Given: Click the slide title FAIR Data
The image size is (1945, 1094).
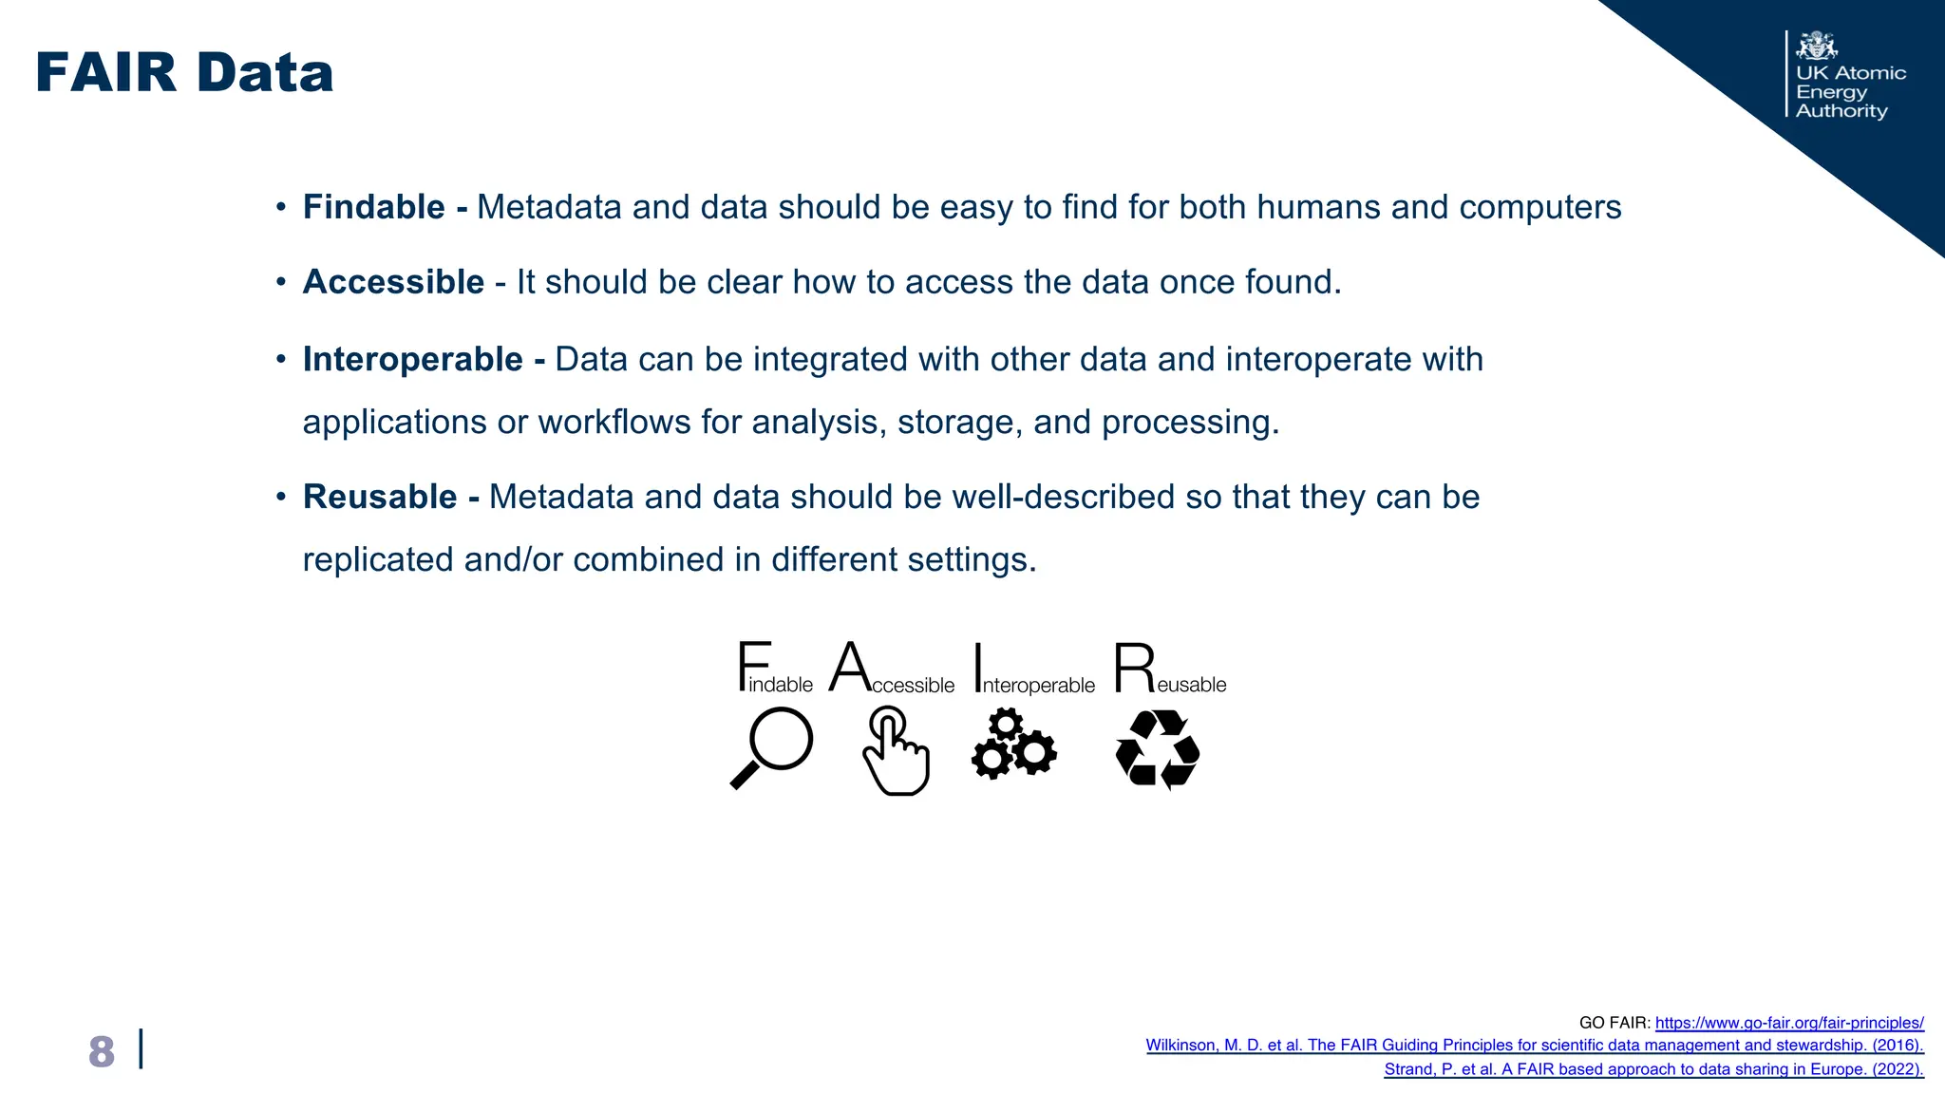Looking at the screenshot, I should [x=184, y=74].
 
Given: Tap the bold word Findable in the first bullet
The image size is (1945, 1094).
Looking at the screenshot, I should [x=373, y=207].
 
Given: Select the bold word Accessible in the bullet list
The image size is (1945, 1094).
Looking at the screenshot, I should [x=393, y=282].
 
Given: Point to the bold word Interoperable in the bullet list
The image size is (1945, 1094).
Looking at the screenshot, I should [x=412, y=360].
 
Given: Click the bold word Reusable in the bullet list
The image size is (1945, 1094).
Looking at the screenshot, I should [x=380, y=498].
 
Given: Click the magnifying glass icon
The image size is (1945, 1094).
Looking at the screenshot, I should [x=772, y=748].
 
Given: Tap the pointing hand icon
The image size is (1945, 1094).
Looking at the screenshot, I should [x=895, y=750].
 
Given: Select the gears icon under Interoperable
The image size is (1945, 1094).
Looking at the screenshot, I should [x=1013, y=746].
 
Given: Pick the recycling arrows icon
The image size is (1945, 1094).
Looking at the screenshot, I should [x=1157, y=750].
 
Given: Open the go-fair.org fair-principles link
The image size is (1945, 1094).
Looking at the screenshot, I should [x=1789, y=1023].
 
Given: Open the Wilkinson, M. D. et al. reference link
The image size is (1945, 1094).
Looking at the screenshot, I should [x=1535, y=1046].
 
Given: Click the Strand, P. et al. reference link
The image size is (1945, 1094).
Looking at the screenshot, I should [x=1653, y=1069].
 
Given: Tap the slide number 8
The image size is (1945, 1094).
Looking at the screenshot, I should [x=102, y=1052].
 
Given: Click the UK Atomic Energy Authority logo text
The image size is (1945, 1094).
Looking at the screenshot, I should [x=1849, y=92].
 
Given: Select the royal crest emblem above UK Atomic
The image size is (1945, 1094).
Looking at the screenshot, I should [x=1817, y=46].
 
